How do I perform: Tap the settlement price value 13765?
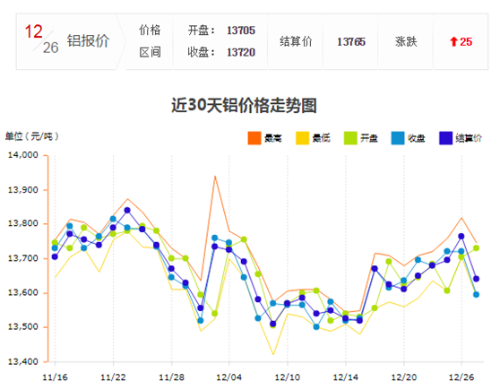click(351, 41)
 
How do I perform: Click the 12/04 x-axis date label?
click(228, 377)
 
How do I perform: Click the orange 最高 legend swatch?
click(254, 138)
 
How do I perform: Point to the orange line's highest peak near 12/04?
click(215, 176)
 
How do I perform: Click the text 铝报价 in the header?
click(90, 41)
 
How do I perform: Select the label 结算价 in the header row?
click(296, 41)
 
